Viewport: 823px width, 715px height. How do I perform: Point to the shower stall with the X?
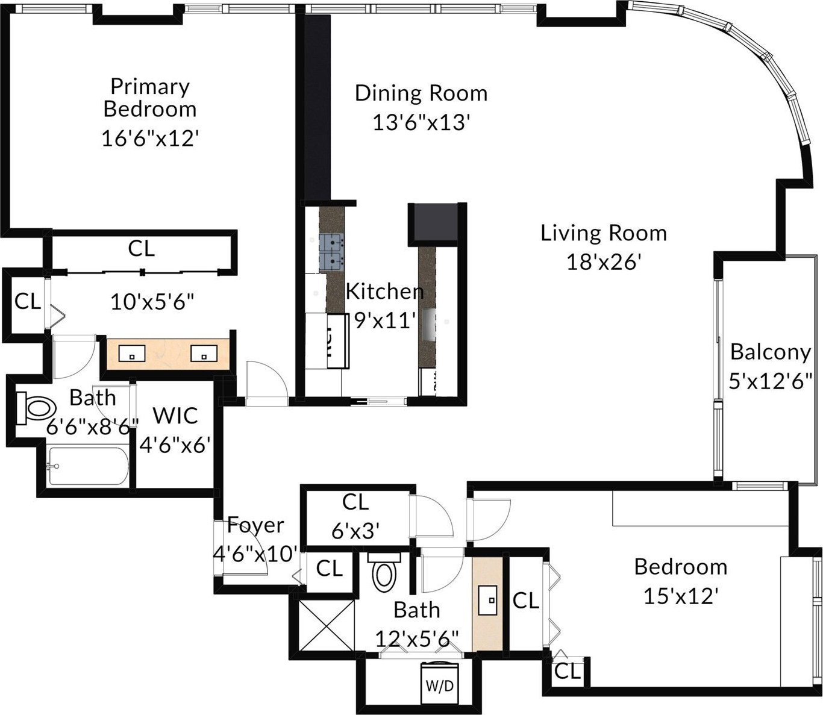tap(326, 625)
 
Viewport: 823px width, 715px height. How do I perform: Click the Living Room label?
tap(603, 234)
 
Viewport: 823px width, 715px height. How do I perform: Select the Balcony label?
tap(770, 352)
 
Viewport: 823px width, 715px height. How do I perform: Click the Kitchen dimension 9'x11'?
tap(384, 320)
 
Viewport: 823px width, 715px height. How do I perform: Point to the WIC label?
tap(175, 416)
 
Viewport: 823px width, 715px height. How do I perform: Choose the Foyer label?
tap(255, 525)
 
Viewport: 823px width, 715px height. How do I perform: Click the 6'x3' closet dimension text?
tap(355, 531)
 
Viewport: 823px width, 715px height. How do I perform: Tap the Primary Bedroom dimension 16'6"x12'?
tap(149, 139)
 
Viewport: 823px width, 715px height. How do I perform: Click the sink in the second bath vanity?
tap(487, 600)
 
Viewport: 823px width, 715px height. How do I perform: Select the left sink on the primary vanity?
tap(131, 354)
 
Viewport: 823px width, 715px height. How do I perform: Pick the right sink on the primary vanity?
tap(204, 354)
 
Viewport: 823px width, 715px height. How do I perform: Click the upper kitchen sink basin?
tap(331, 243)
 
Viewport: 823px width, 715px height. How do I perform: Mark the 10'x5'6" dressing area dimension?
tap(152, 301)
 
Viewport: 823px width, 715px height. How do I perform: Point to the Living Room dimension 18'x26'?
tap(603, 262)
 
